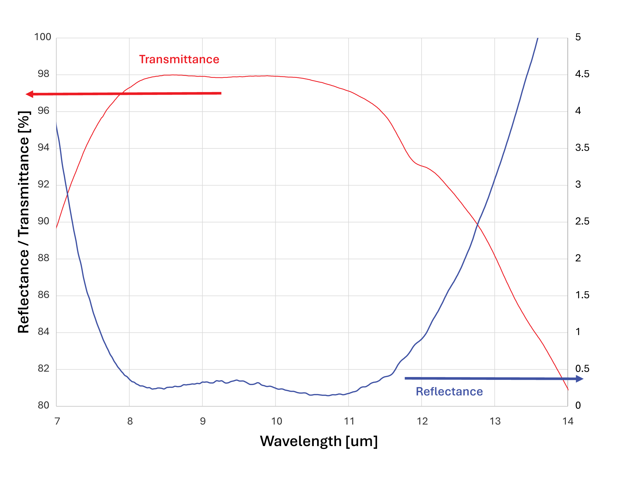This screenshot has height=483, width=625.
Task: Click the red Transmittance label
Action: point(179,59)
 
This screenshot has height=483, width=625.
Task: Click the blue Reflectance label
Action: point(449,392)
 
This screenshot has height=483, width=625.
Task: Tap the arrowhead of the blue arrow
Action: point(579,379)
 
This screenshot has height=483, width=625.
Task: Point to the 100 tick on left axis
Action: point(43,37)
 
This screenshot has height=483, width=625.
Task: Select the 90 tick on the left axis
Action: point(43,221)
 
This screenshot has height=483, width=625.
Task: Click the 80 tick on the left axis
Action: point(43,405)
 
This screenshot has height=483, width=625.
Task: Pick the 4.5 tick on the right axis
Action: point(582,74)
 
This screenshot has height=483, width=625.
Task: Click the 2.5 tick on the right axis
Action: point(582,221)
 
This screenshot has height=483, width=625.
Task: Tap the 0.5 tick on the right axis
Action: point(582,369)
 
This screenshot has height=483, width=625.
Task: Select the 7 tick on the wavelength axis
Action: point(57,421)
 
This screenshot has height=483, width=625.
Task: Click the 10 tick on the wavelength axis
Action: point(276,421)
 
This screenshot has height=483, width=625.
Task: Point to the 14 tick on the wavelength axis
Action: point(568,421)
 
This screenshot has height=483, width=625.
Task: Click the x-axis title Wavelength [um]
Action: point(319,441)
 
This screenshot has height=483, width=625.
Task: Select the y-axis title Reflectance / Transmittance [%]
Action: point(24,222)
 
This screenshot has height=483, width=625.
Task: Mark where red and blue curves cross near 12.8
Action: point(477,225)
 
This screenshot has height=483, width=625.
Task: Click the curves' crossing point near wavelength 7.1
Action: point(68,195)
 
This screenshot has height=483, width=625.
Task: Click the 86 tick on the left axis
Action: point(43,295)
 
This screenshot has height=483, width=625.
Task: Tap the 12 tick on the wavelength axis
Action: point(422,421)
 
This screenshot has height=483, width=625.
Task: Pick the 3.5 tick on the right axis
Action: point(582,148)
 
